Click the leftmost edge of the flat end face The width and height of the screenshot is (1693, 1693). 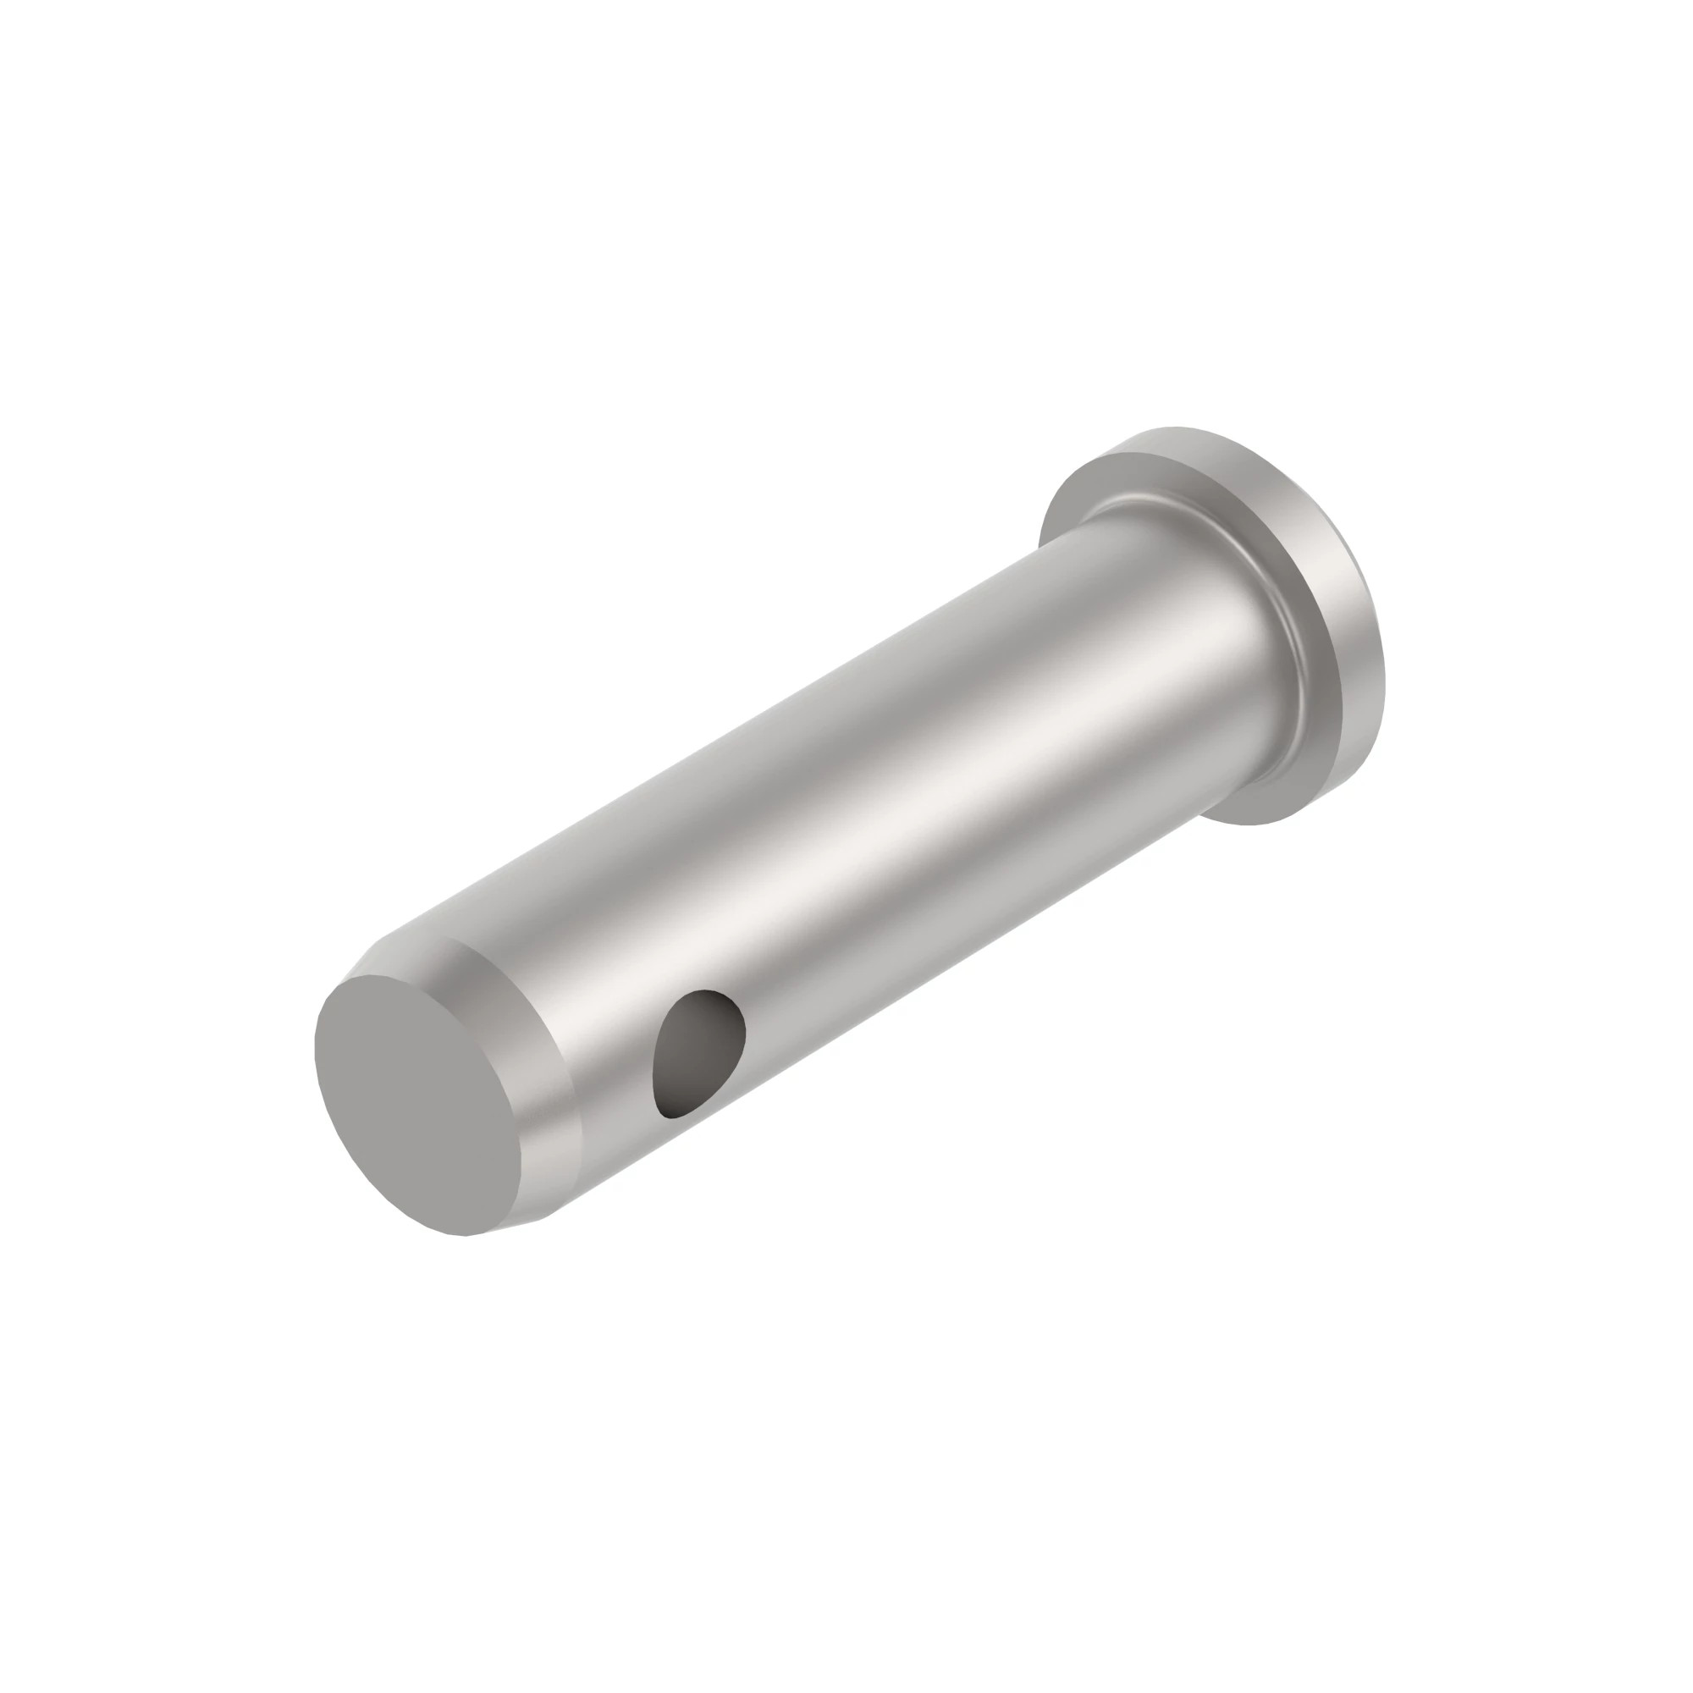316,1043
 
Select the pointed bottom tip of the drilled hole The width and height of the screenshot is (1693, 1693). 670,1117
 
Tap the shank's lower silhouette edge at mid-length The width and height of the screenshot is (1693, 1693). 885,1007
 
